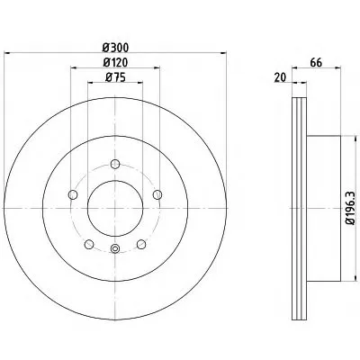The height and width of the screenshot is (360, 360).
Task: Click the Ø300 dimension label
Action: [115, 48]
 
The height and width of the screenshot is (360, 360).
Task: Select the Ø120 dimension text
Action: [115, 62]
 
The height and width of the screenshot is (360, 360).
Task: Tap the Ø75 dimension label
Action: [115, 77]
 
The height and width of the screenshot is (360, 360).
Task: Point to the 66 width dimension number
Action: [316, 63]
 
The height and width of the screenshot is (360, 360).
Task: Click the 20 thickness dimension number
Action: [280, 77]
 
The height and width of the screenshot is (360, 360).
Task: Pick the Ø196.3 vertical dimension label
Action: [350, 208]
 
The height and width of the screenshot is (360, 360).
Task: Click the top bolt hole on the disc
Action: [115, 164]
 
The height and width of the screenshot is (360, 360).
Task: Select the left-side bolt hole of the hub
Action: [73, 194]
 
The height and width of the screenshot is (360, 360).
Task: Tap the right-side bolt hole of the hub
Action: [157, 194]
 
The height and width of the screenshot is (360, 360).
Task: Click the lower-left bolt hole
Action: [89, 244]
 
